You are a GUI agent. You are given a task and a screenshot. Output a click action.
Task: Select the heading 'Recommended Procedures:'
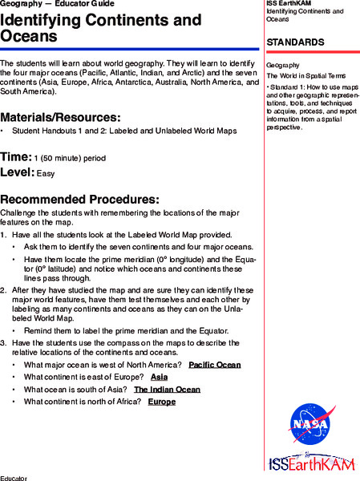pyautogui.click(x=79, y=199)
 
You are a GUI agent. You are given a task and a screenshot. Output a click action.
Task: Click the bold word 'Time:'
pyautogui.click(x=16, y=156)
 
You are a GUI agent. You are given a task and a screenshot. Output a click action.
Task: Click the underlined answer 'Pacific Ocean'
pyautogui.click(x=214, y=365)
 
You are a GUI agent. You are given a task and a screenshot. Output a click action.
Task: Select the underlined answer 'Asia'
pyautogui.click(x=159, y=377)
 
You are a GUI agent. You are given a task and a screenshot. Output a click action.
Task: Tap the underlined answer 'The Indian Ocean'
pyautogui.click(x=167, y=389)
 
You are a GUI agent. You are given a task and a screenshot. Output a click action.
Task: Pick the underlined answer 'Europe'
pyautogui.click(x=161, y=401)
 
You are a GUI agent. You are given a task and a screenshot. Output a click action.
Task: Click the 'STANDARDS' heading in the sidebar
pyautogui.click(x=295, y=42)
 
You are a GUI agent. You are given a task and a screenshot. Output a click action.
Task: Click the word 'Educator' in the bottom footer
pyautogui.click(x=14, y=478)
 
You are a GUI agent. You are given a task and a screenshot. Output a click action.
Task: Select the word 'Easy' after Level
pyautogui.click(x=46, y=173)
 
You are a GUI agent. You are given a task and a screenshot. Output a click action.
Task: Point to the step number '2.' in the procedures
pyautogui.click(x=4, y=289)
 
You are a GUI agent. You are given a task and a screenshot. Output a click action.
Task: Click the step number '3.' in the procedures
pyautogui.click(x=4, y=342)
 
